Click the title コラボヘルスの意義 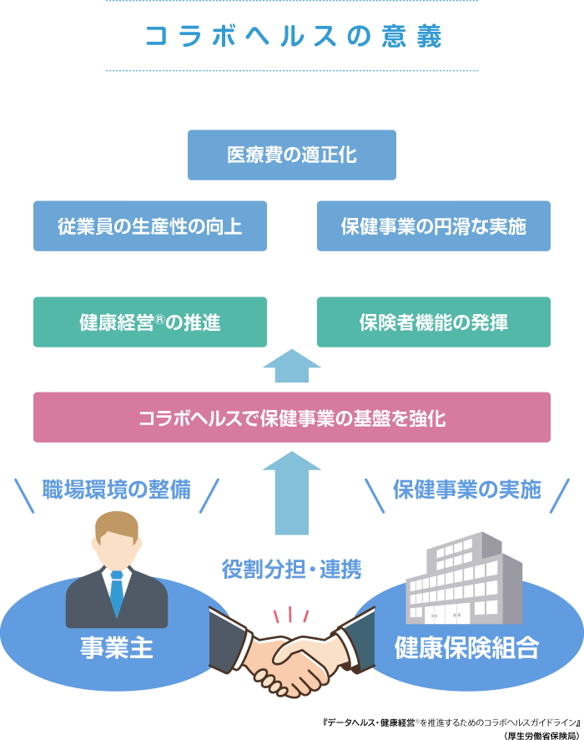[292, 38]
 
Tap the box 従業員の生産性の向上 [150, 226]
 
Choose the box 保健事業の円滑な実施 [434, 226]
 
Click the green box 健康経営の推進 [150, 322]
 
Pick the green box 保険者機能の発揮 [434, 322]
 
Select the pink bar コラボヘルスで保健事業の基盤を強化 [292, 418]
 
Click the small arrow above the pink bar [291, 365]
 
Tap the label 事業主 [117, 648]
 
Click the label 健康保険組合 [467, 648]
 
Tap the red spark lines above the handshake [291, 614]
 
